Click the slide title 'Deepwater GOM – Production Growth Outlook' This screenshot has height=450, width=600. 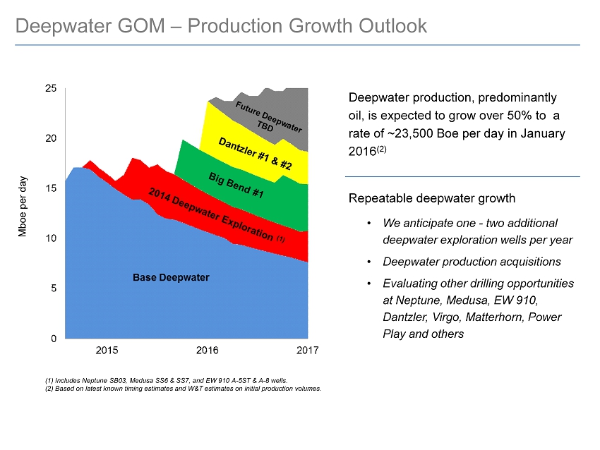(x=221, y=26)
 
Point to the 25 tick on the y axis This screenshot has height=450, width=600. (x=51, y=88)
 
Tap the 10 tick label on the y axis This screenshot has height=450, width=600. (x=51, y=238)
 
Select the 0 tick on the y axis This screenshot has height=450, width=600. (x=54, y=339)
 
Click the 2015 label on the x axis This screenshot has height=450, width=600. (x=107, y=351)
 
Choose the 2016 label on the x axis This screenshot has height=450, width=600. (x=208, y=351)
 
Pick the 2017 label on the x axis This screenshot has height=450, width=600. (x=308, y=351)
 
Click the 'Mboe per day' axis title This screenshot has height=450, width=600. (x=23, y=206)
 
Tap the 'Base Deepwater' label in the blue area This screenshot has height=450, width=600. (x=171, y=278)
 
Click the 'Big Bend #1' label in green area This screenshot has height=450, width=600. (x=236, y=183)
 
